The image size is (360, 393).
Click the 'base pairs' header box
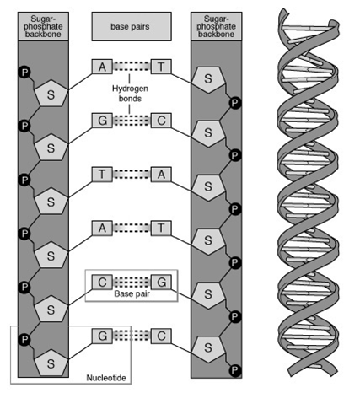[132, 26]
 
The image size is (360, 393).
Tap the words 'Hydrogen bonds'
[130, 94]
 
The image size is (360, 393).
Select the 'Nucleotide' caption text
[106, 378]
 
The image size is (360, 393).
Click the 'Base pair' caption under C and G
[132, 293]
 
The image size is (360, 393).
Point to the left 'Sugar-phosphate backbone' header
[43, 26]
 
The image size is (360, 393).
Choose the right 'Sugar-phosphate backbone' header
[216, 26]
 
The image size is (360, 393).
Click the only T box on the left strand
[102, 175]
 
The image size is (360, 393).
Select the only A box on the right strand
[161, 175]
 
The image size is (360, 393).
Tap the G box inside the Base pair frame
[161, 282]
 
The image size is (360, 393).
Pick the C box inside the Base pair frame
[102, 282]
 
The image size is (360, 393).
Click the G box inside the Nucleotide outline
[102, 336]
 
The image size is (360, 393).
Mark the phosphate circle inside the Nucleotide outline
[24, 339]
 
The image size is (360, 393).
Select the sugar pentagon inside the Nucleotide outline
[51, 363]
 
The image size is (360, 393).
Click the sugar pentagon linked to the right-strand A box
[208, 187]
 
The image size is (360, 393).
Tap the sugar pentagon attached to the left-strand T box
[51, 201]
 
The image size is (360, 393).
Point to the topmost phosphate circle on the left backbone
[24, 73]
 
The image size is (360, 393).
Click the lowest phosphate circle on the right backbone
[234, 370]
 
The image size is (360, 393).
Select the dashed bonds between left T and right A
[132, 175]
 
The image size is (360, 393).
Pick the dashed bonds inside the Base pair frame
[132, 282]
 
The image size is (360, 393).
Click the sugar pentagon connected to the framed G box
[208, 294]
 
